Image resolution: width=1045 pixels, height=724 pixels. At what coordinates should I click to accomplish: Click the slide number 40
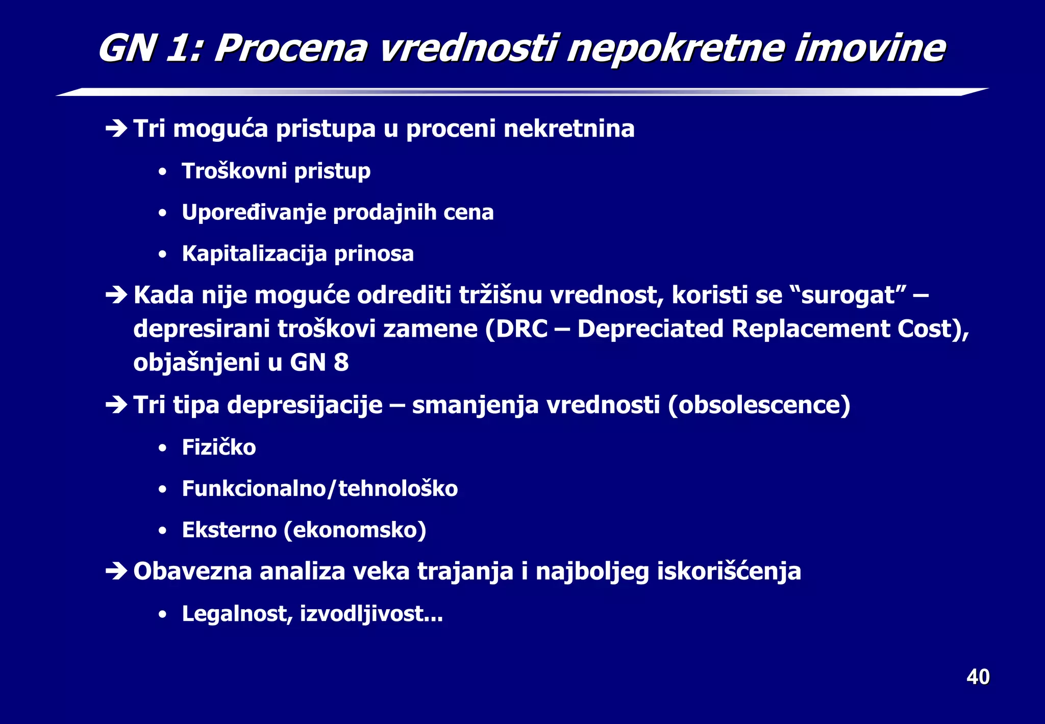point(978,677)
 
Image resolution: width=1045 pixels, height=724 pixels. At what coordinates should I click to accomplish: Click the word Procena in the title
point(290,48)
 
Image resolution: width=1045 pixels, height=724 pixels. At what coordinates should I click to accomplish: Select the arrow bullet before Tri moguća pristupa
point(116,129)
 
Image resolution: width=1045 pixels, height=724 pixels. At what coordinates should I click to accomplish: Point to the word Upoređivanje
point(254,213)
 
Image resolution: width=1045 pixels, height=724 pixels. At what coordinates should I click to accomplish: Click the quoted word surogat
point(848,295)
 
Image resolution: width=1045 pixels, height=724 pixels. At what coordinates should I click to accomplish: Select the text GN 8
point(319,363)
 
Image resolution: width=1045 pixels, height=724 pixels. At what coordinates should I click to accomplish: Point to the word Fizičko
point(219,447)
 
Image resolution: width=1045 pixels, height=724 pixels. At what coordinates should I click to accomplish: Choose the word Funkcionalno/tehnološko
point(320,489)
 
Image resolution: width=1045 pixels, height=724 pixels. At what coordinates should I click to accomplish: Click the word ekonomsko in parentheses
point(355,530)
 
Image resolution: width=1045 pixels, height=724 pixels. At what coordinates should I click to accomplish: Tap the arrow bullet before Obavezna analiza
point(116,571)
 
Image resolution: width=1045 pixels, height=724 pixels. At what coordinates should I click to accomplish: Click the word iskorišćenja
point(729,571)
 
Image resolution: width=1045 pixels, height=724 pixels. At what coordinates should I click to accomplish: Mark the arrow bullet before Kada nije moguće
point(116,295)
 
